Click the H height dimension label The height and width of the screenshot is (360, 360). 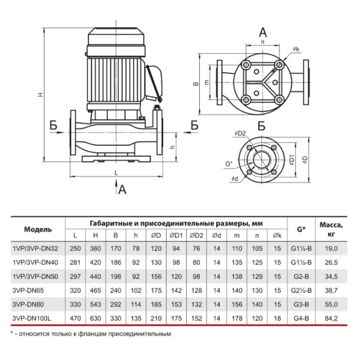pyautogui.click(x=40, y=94)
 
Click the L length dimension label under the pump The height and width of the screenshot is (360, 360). pyautogui.click(x=116, y=173)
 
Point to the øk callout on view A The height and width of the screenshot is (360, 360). pyautogui.click(x=296, y=49)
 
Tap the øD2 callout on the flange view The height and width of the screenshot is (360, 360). pyautogui.click(x=240, y=134)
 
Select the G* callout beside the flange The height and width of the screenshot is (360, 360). pyautogui.click(x=229, y=164)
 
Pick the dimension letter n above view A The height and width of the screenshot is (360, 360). pyautogui.click(x=263, y=42)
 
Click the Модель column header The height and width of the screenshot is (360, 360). pyautogui.click(x=38, y=229)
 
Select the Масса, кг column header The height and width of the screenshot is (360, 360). pyautogui.click(x=331, y=229)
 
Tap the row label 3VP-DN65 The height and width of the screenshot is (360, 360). pyautogui.click(x=28, y=291)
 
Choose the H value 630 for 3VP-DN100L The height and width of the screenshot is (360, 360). pyautogui.click(x=95, y=319)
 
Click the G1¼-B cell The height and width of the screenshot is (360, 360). pyautogui.click(x=301, y=248)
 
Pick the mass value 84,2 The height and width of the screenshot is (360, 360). pyautogui.click(x=331, y=319)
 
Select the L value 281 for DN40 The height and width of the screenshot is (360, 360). pyautogui.click(x=75, y=262)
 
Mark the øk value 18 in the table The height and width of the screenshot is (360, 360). pyautogui.click(x=277, y=319)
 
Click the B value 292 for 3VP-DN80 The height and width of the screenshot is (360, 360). pyautogui.click(x=116, y=305)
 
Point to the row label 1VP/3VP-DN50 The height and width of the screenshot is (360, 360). pyautogui.click(x=35, y=276)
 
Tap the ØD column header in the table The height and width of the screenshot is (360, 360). pyautogui.click(x=156, y=235)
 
